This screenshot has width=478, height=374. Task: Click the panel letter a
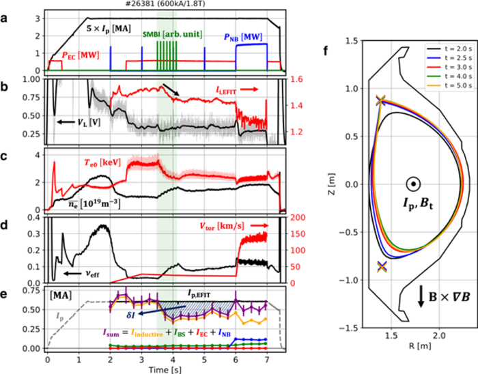5,15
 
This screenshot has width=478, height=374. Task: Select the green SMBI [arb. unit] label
173,34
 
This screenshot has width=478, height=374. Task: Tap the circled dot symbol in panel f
412,184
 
